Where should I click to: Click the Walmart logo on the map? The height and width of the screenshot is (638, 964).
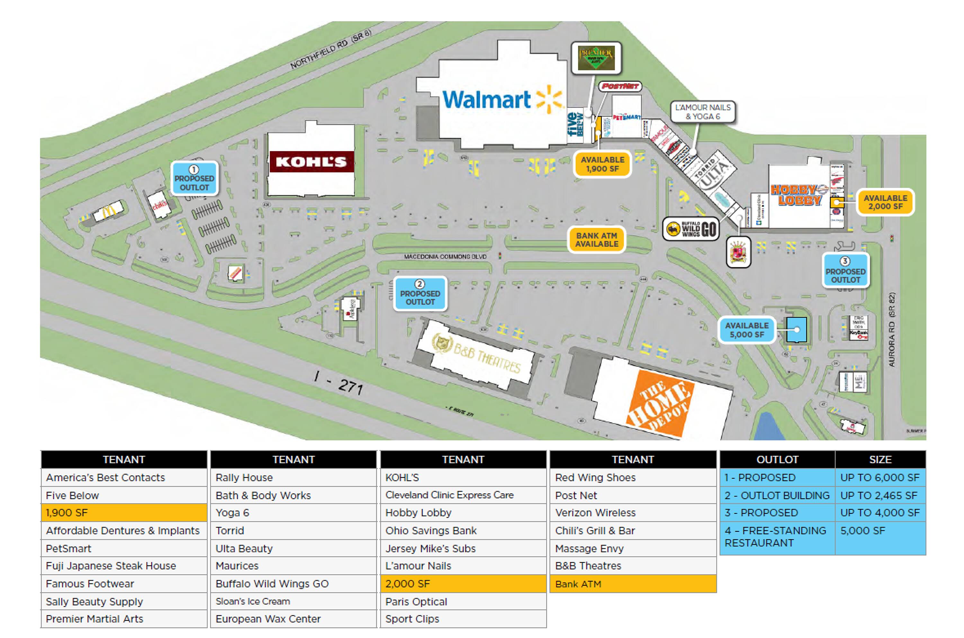click(x=502, y=99)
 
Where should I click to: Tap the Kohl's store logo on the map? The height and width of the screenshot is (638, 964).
click(x=311, y=162)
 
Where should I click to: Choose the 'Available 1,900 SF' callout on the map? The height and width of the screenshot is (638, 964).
click(x=602, y=164)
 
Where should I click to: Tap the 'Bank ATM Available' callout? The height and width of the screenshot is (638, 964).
click(x=596, y=240)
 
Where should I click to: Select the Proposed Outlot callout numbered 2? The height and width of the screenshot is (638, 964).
click(x=420, y=294)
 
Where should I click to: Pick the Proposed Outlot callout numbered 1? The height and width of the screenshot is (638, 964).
click(x=194, y=179)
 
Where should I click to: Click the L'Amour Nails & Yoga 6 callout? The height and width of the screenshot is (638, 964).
click(x=703, y=112)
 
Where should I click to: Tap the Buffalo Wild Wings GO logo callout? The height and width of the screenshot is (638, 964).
click(x=691, y=229)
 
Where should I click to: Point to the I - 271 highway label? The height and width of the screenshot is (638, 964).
click(x=338, y=383)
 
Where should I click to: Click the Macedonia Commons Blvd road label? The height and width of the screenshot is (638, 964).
click(x=445, y=257)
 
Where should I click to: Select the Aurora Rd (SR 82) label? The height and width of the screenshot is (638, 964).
click(x=891, y=329)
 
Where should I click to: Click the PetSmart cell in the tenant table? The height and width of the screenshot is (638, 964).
click(x=124, y=548)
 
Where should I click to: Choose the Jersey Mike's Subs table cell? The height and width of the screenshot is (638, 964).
click(x=463, y=548)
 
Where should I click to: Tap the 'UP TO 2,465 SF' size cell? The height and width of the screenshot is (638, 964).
click(x=880, y=495)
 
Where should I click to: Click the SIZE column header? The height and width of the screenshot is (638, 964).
click(x=880, y=459)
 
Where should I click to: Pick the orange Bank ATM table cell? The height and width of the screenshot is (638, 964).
click(x=633, y=584)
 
